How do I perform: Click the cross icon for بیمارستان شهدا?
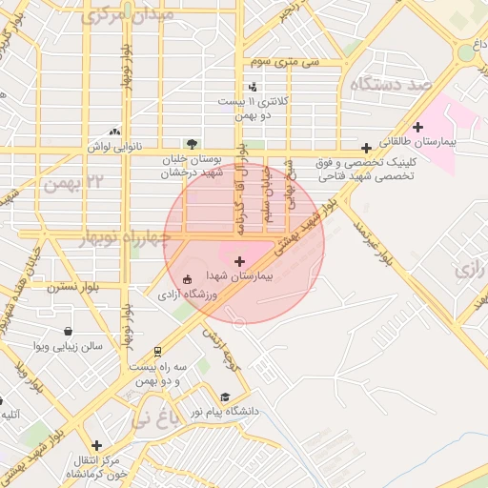click(238, 260)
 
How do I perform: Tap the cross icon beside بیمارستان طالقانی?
click(417, 128)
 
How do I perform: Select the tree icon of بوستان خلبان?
click(193, 145)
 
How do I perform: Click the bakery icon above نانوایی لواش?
click(115, 132)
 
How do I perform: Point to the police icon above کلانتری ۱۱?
click(253, 88)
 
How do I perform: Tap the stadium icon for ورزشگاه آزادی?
click(186, 279)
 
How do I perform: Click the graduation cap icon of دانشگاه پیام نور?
click(225, 397)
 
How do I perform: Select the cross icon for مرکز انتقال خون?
click(96, 445)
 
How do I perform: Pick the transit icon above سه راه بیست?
click(157, 350)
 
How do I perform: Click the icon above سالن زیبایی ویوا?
click(68, 331)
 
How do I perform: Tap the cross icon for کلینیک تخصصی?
click(366, 148)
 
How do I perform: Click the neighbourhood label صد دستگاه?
click(392, 85)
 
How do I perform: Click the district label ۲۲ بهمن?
click(82, 181)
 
